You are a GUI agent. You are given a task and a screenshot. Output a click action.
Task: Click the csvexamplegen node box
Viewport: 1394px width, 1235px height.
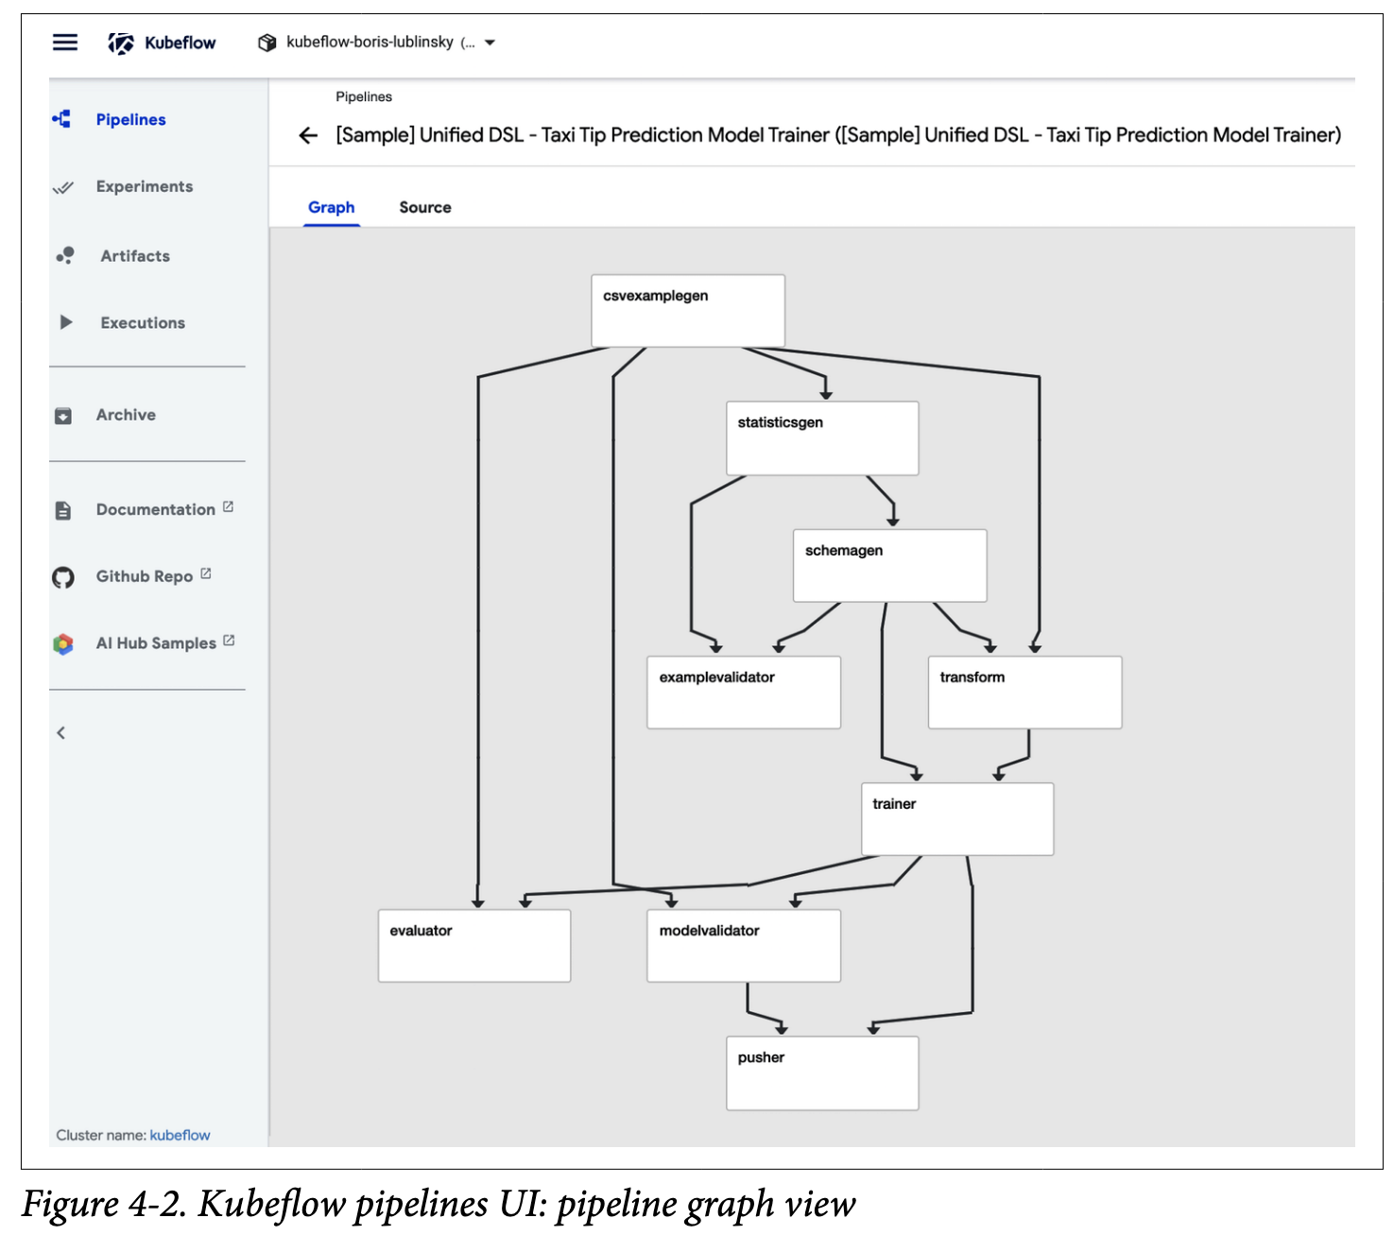click(687, 310)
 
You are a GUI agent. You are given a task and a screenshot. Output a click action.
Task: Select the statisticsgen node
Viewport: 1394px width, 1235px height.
click(821, 437)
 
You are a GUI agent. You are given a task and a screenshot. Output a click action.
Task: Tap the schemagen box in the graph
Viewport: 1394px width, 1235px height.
click(889, 565)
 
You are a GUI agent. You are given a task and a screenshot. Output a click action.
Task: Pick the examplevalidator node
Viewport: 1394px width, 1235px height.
click(743, 692)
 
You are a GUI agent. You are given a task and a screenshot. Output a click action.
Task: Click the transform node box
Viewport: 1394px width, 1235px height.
click(1024, 692)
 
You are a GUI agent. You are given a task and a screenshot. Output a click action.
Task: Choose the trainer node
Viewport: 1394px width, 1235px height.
click(956, 818)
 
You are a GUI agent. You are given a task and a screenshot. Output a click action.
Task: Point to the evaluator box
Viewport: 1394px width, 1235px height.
click(473, 945)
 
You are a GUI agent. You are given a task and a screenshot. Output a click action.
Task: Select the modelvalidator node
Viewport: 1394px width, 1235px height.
click(743, 945)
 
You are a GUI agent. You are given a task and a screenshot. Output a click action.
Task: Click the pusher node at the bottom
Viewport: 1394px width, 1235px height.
click(821, 1072)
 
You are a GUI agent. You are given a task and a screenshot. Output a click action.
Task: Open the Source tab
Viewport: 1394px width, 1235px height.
click(424, 207)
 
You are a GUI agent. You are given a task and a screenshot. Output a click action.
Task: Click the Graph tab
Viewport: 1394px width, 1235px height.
click(331, 207)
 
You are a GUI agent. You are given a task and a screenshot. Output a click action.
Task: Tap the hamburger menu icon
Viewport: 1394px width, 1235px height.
click(65, 43)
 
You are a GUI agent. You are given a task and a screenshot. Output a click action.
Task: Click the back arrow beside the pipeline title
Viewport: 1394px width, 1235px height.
click(308, 136)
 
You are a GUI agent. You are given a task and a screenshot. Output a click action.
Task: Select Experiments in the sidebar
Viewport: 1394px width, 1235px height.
click(144, 187)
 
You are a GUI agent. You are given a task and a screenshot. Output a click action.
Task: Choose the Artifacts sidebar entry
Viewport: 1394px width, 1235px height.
click(135, 256)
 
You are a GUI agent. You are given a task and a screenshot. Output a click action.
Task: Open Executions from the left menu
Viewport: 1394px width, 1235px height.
click(143, 323)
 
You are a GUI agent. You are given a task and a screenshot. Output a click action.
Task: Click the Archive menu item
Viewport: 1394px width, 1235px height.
click(126, 415)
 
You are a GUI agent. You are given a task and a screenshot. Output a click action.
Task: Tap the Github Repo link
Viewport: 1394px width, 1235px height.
click(145, 576)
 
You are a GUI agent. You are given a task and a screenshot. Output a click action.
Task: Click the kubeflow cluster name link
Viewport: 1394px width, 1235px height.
click(180, 1135)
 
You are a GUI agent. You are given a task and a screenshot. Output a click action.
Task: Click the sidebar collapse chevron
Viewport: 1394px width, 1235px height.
click(61, 732)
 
